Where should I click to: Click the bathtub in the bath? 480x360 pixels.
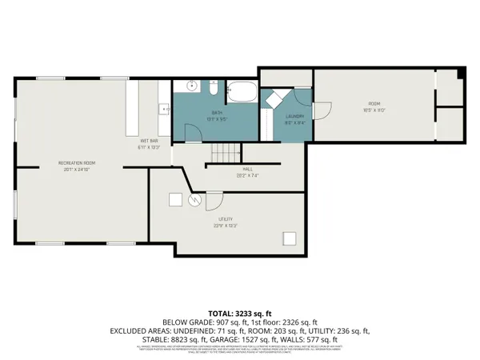click(x=242, y=93)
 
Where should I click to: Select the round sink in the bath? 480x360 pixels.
click(x=192, y=86)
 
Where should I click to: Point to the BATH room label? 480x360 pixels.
click(x=217, y=112)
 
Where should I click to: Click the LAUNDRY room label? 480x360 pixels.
click(x=294, y=117)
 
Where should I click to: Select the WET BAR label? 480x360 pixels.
click(x=150, y=142)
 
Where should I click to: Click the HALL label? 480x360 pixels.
click(x=248, y=170)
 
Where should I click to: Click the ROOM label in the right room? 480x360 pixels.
click(x=374, y=104)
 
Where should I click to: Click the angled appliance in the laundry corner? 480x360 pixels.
click(x=274, y=98)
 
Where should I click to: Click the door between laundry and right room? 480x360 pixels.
click(x=320, y=112)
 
